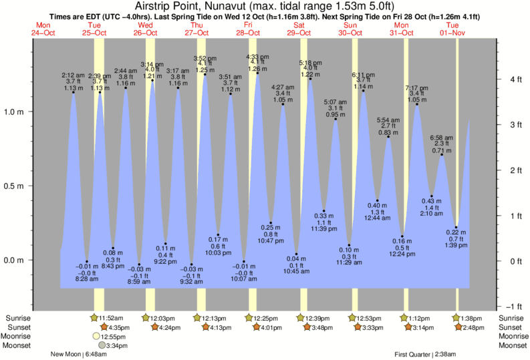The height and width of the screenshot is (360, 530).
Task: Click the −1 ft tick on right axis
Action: [x=512, y=307]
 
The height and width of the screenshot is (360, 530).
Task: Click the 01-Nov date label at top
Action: [x=456, y=32]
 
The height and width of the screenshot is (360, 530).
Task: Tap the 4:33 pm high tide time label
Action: [x=257, y=56]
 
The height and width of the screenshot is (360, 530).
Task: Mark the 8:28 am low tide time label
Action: [x=87, y=279]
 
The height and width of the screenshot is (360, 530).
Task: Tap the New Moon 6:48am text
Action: [x=82, y=355]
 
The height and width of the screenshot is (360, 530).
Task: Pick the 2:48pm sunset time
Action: [x=475, y=327]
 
